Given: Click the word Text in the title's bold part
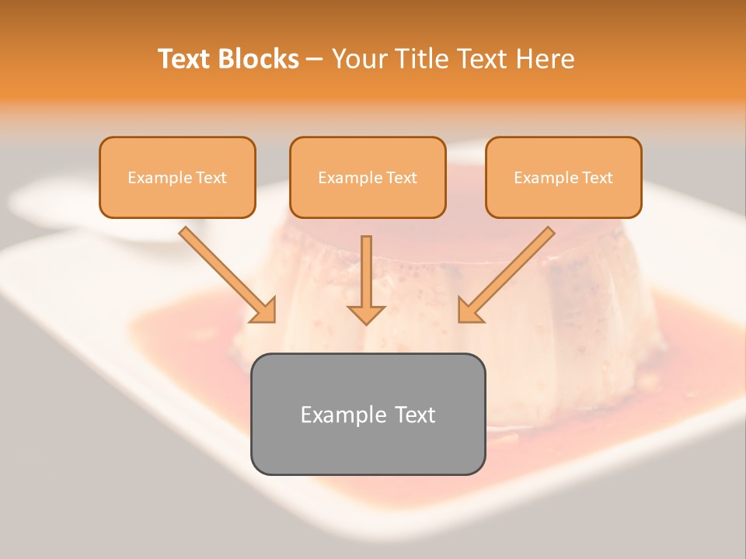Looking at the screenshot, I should (x=183, y=59).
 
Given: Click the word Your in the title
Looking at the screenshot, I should (x=359, y=59).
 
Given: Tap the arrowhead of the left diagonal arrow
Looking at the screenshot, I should (x=264, y=310).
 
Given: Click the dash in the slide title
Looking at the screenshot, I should (x=315, y=59).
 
